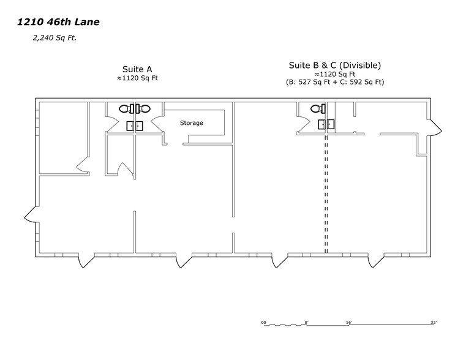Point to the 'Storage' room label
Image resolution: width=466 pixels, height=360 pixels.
191,123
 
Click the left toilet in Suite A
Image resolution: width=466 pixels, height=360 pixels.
125,108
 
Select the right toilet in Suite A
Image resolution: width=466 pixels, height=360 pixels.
144,108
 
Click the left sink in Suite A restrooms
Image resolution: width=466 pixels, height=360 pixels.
130,126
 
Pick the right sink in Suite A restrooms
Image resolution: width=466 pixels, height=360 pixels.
138,126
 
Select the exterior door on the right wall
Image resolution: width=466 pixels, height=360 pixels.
435,126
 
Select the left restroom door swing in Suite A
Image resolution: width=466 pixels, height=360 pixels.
116,124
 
